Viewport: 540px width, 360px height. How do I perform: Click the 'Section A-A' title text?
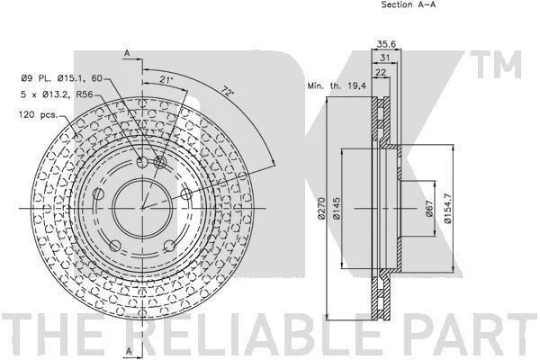coord(408,4)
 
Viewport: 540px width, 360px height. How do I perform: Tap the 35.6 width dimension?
coord(386,44)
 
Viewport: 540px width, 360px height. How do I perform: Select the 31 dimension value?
coord(384,58)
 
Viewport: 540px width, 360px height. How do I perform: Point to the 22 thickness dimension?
coord(381,72)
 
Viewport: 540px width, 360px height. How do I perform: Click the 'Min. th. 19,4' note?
coord(337,85)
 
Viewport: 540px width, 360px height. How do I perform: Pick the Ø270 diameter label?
coord(321,208)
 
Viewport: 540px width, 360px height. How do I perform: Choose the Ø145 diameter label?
coord(337,208)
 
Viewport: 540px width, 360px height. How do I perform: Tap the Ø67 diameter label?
coord(428,209)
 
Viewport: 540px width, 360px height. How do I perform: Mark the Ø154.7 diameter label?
coord(447,208)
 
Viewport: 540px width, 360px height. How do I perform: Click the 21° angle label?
coord(166,79)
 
